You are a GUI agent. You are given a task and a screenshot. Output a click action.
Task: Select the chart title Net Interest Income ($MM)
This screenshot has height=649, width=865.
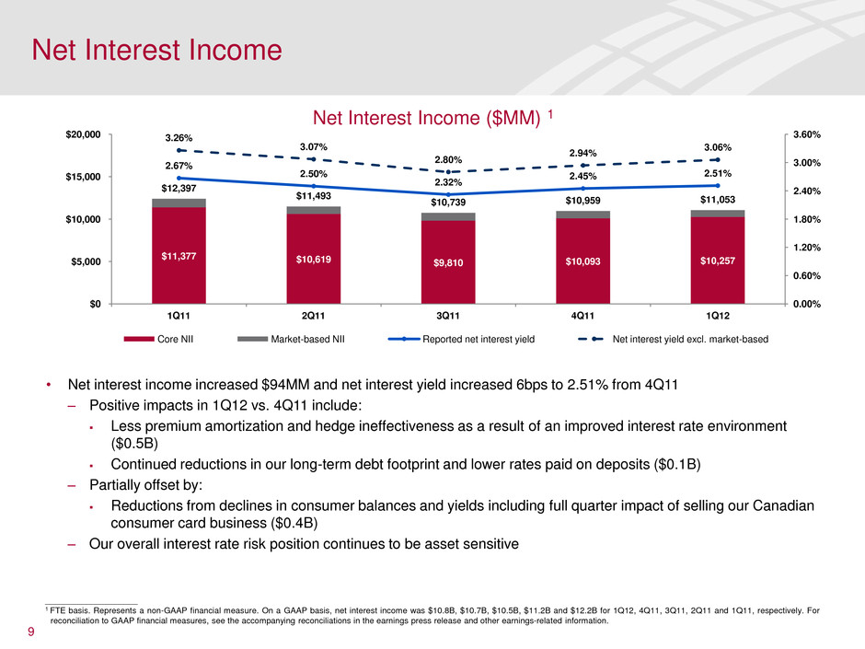pyautogui.click(x=425, y=116)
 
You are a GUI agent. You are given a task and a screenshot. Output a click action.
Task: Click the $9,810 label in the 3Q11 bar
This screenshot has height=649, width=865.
pyautogui.click(x=448, y=263)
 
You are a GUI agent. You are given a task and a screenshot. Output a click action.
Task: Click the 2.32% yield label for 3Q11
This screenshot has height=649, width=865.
pyautogui.click(x=448, y=182)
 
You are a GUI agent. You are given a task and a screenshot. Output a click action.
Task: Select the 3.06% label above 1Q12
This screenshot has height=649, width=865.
pyautogui.click(x=717, y=146)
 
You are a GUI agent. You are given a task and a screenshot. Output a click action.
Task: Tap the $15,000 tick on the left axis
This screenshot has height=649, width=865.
pyautogui.click(x=82, y=177)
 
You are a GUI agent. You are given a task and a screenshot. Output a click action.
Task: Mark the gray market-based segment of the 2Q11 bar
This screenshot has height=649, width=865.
pyautogui.click(x=314, y=210)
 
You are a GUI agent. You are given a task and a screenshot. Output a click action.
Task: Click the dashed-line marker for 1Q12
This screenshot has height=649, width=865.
pyautogui.click(x=717, y=159)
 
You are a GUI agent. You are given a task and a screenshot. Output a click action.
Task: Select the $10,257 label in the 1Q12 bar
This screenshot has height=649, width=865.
pyautogui.click(x=717, y=261)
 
